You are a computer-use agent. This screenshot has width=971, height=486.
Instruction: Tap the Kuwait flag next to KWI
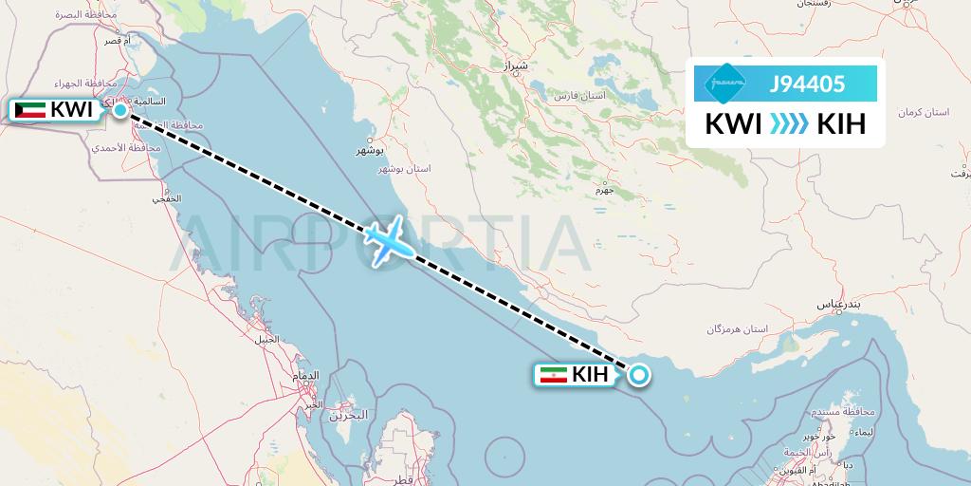pos(30,110)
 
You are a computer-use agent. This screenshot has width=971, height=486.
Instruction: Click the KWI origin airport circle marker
pos(120,110)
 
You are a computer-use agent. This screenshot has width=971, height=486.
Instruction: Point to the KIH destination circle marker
pos(639,376)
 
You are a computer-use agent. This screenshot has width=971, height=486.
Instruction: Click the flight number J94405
pos(807,84)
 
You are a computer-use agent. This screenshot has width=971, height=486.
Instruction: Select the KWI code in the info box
pos(733,124)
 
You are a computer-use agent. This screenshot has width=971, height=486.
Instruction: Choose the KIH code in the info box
pos(841,124)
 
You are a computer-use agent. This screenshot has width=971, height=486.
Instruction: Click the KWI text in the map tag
pos(71,110)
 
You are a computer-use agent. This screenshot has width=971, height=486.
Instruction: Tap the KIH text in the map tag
pos(590,376)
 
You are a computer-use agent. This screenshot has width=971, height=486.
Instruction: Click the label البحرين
pos(349,416)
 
